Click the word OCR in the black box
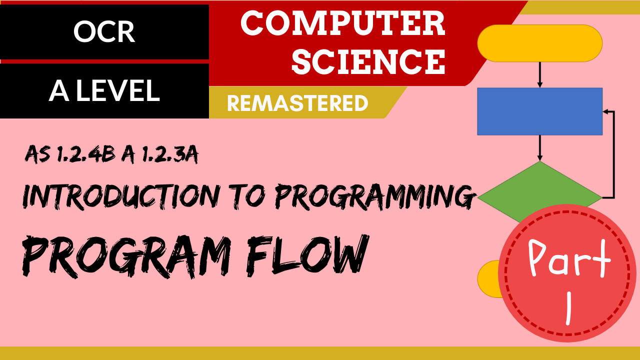(x=104, y=31)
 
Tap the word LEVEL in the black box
(x=117, y=90)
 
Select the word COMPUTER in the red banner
(x=342, y=23)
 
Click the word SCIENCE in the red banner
(x=368, y=61)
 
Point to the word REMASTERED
(x=297, y=103)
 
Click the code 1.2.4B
(x=85, y=155)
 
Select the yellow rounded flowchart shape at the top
(x=539, y=43)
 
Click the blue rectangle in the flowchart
(x=539, y=111)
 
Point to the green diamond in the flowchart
(x=539, y=192)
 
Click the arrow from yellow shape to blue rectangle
(x=539, y=75)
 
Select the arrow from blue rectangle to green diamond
(x=539, y=148)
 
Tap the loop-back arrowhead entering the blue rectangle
(x=605, y=111)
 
